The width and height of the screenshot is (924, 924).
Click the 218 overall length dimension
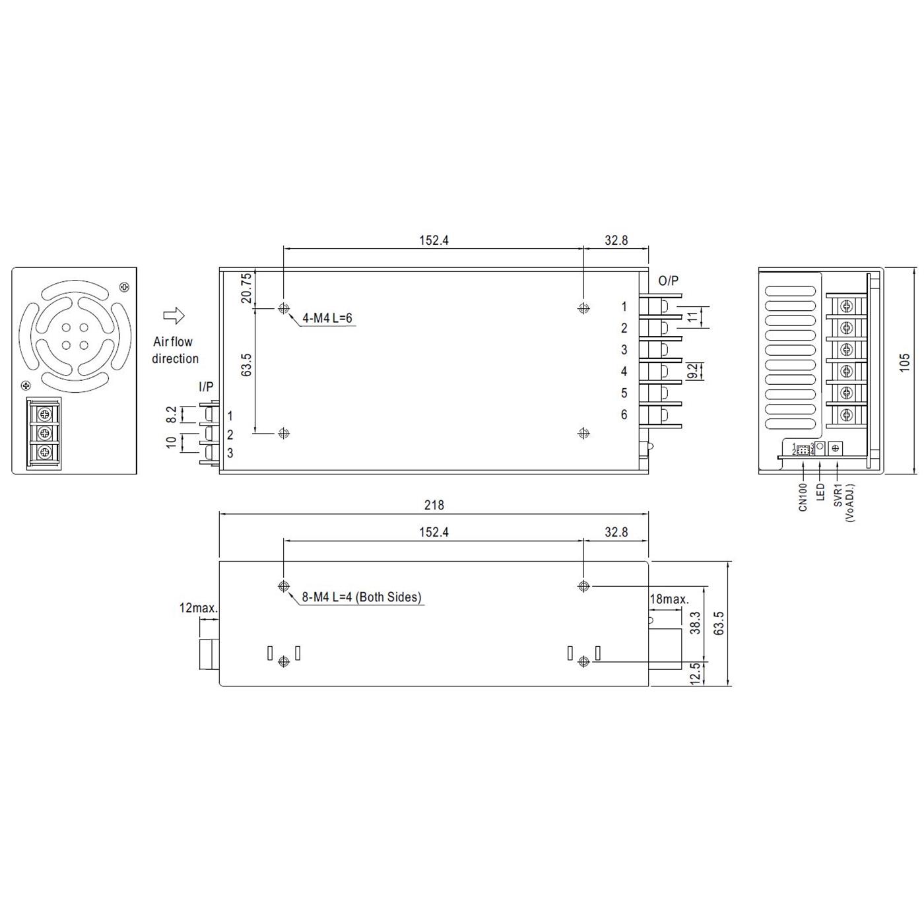point(434,505)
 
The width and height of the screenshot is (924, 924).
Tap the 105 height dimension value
point(904,362)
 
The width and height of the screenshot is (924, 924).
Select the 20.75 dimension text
point(246,288)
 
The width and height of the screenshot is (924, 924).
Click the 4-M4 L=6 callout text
point(327,317)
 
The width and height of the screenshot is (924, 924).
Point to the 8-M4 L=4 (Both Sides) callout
point(362,597)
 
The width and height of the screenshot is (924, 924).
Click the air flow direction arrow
point(174,315)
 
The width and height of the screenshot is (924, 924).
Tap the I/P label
point(206,386)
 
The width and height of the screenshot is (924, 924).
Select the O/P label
point(669,280)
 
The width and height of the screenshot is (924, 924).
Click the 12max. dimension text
point(199,608)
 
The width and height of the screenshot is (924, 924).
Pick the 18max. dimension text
point(669,599)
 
